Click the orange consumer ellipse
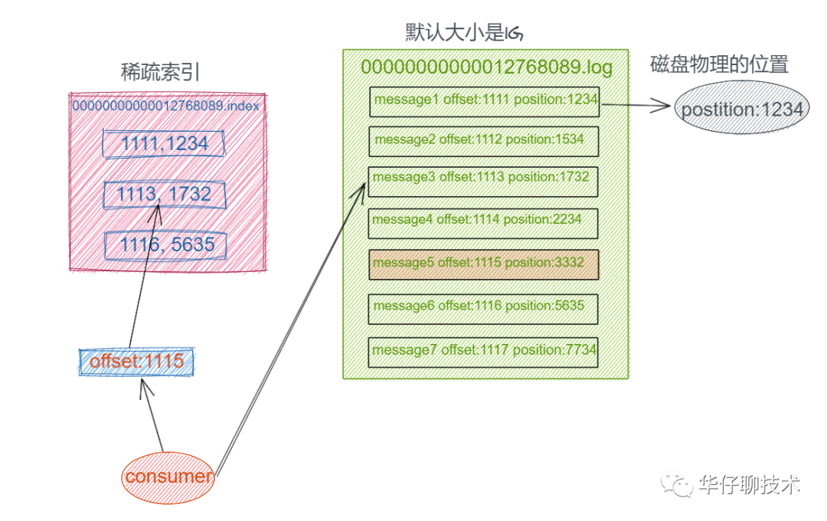coord(168,477)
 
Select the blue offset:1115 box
coord(137,362)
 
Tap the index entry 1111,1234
coord(165,143)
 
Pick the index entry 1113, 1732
coord(165,195)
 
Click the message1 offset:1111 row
coord(484,101)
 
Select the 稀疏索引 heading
coord(161,72)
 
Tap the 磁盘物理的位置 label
coord(719,64)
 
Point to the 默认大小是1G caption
coord(464,32)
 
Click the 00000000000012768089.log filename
coord(486,67)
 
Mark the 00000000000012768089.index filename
coord(166,106)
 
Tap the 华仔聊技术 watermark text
coord(750,485)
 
